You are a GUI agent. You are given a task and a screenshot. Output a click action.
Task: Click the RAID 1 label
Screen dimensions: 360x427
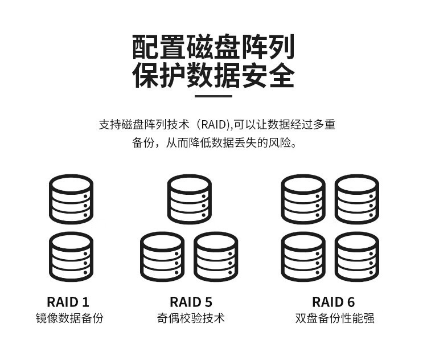coord(68,302)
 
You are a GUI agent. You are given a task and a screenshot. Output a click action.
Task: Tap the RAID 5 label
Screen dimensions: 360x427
coord(191,302)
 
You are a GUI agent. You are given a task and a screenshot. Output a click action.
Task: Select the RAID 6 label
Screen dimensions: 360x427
coord(334,302)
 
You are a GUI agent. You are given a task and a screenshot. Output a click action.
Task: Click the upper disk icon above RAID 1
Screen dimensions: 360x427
coord(71,199)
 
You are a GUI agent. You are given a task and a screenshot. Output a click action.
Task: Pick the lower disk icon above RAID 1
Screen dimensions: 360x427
coord(71,257)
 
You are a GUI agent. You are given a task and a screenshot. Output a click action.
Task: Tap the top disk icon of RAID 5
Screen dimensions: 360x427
coord(190,199)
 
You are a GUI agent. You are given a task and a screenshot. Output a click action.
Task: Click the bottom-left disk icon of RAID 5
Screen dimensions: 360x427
coord(162,257)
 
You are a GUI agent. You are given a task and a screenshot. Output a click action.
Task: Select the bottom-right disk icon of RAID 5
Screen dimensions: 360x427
coord(216,257)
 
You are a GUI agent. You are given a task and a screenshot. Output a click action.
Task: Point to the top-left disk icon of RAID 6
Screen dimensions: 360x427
coord(303,199)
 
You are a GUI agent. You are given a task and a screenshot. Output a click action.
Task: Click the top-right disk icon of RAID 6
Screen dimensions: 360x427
coord(356,199)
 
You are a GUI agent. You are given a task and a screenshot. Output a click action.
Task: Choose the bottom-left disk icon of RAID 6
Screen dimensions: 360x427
coord(303,257)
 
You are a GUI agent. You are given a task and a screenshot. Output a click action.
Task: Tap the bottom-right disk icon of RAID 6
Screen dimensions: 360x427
coord(356,257)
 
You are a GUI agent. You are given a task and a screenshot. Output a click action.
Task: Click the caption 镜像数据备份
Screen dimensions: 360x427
coord(70,318)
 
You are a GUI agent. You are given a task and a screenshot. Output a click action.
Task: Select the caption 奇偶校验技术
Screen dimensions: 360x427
coord(191,318)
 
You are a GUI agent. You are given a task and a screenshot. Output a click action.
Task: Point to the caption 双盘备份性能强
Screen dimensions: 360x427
coord(335,318)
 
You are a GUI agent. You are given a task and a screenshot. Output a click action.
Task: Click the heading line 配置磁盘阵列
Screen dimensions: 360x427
coord(213,47)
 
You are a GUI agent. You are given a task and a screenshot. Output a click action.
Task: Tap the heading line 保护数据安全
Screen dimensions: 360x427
coord(213,76)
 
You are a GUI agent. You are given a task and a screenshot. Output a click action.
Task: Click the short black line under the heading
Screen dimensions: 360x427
coord(213,96)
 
